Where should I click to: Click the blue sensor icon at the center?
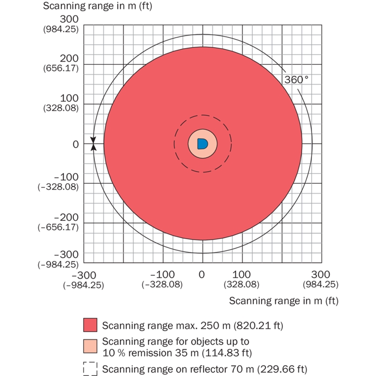(202, 143)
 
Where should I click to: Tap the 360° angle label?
(296, 80)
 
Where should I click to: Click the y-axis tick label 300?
(69, 19)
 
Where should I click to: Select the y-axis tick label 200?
(69, 58)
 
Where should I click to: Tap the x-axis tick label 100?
(242, 274)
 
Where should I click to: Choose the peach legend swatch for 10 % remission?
(90, 346)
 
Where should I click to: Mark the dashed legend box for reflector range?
(90, 369)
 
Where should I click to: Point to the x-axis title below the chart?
(284, 300)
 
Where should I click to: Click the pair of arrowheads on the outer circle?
(93, 144)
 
